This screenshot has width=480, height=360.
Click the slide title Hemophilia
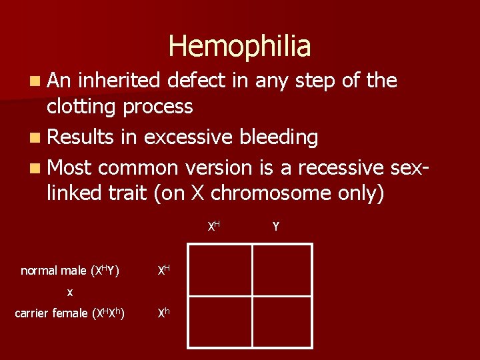point(239,47)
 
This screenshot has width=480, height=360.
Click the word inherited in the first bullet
point(119,81)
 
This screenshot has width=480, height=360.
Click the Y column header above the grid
point(275,227)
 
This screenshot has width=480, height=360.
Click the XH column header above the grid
point(213,227)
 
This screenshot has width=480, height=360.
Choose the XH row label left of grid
point(163,270)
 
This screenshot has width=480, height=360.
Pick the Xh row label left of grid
point(163,313)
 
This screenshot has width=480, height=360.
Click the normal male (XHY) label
point(70,271)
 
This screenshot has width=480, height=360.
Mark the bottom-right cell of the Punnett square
point(281,321)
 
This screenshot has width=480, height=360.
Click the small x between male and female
point(70,292)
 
